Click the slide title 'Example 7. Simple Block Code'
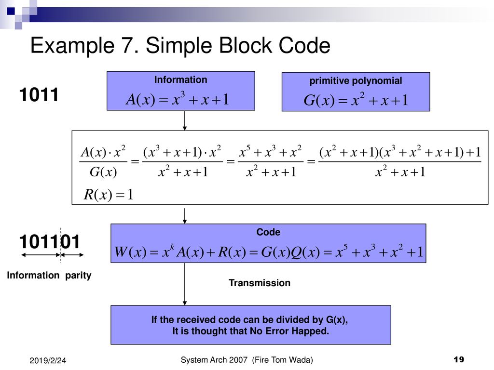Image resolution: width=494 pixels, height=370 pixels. (x=180, y=46)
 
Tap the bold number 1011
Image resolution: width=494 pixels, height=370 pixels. (x=39, y=95)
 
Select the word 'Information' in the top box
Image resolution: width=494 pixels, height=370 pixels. (x=181, y=79)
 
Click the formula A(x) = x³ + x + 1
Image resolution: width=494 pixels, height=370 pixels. (x=178, y=99)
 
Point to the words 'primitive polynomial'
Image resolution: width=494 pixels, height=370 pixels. (x=356, y=81)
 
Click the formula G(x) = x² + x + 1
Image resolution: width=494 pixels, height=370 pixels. (x=356, y=100)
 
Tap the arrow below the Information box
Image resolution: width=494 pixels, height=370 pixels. (x=185, y=120)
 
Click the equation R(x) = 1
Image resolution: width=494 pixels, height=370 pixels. (x=109, y=195)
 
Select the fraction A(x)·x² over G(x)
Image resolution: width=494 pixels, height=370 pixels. (x=103, y=161)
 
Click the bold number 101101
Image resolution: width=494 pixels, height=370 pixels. (x=50, y=242)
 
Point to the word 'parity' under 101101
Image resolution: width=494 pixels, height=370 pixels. (x=78, y=275)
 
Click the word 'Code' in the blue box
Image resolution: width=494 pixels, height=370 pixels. (x=268, y=232)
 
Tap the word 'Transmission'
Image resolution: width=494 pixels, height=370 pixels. (x=260, y=283)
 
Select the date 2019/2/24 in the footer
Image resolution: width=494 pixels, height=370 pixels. (x=48, y=360)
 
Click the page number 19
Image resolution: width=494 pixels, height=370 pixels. (x=459, y=359)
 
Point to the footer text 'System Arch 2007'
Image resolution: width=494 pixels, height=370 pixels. (x=214, y=360)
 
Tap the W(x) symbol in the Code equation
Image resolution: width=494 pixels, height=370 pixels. (x=130, y=251)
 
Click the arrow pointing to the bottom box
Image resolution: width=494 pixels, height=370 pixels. (x=185, y=284)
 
